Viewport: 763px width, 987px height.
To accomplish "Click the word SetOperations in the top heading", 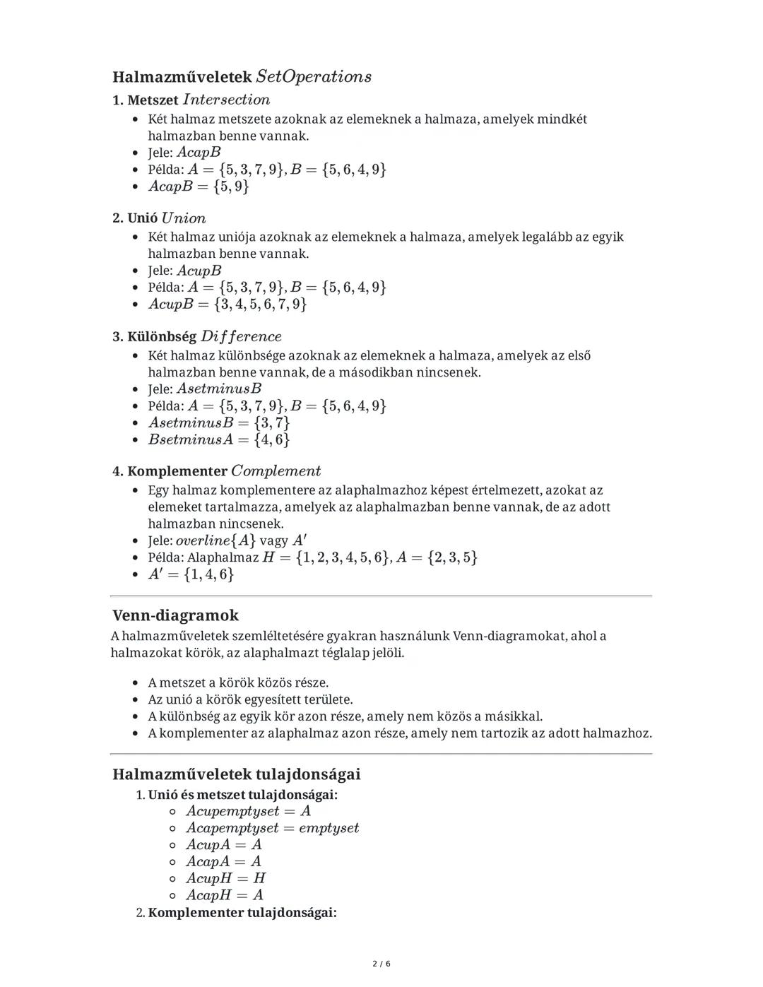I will (314, 76).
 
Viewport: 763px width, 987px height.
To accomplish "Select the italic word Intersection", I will (226, 100).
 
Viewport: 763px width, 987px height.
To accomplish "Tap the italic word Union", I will (184, 218).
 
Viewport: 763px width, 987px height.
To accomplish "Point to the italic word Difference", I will (241, 336).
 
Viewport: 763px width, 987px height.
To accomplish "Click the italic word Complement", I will (276, 471).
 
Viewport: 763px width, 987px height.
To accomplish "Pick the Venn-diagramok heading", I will (175, 615).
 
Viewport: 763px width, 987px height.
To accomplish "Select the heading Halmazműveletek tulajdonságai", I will (236, 774).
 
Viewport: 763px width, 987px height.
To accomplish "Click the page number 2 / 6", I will (381, 964).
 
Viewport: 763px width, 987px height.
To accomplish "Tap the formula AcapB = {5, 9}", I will (199, 187).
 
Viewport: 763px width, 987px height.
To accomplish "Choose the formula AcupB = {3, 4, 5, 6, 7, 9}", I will (227, 305).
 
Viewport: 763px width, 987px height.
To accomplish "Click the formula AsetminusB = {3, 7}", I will (219, 422).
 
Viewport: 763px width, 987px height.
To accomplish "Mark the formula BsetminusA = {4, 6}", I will (219, 439).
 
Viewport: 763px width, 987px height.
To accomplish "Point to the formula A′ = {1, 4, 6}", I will (191, 574).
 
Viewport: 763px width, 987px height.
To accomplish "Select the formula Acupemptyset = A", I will (249, 811).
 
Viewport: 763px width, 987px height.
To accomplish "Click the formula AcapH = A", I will (225, 895).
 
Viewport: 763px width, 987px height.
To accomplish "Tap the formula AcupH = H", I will (226, 878).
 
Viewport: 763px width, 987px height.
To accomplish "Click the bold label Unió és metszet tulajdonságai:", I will (242, 795).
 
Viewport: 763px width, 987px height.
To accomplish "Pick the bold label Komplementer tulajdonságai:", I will (242, 913).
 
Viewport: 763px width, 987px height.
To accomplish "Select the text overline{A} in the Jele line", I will (215, 540).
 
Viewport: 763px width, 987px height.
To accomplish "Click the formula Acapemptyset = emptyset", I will (273, 828).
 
